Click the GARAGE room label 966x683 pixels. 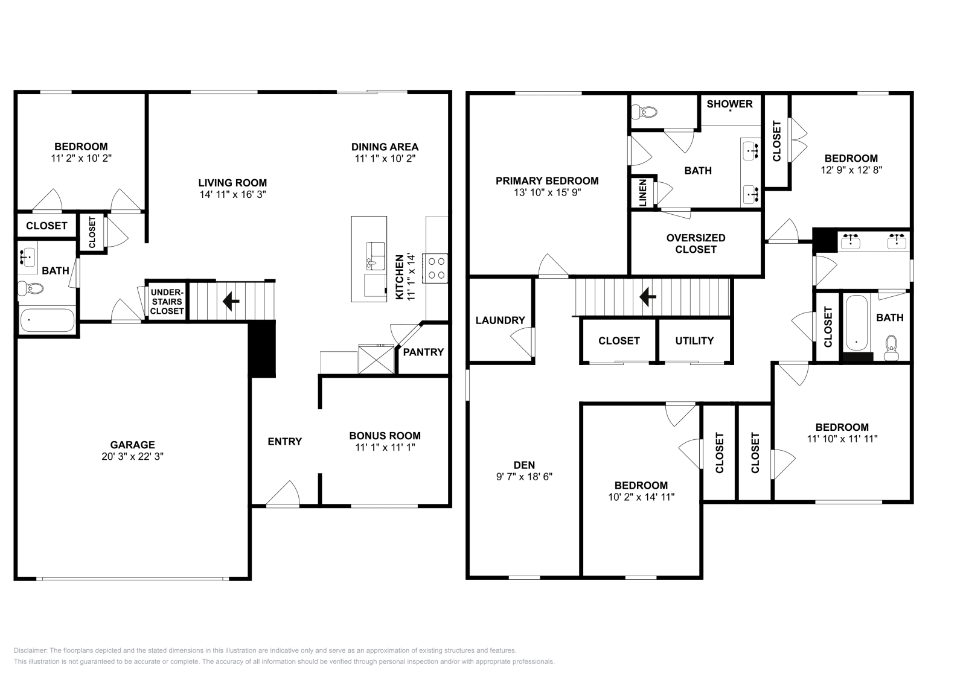(x=132, y=445)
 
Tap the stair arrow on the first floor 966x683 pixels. (x=231, y=300)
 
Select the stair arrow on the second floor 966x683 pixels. (x=648, y=296)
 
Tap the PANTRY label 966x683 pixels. (x=423, y=352)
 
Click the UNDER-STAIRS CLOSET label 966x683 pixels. (x=167, y=302)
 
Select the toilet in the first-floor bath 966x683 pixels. (x=31, y=288)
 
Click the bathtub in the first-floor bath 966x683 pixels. (x=47, y=320)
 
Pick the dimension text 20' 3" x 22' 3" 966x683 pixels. (x=132, y=457)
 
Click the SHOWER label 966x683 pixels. (x=729, y=104)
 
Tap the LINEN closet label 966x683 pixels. (x=642, y=192)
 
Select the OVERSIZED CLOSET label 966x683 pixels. (x=696, y=243)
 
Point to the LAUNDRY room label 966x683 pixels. (x=500, y=320)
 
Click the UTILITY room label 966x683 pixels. (x=694, y=341)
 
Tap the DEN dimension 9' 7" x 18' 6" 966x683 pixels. (x=524, y=477)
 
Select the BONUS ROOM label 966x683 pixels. (x=385, y=436)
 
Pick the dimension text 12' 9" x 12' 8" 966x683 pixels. (x=851, y=170)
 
